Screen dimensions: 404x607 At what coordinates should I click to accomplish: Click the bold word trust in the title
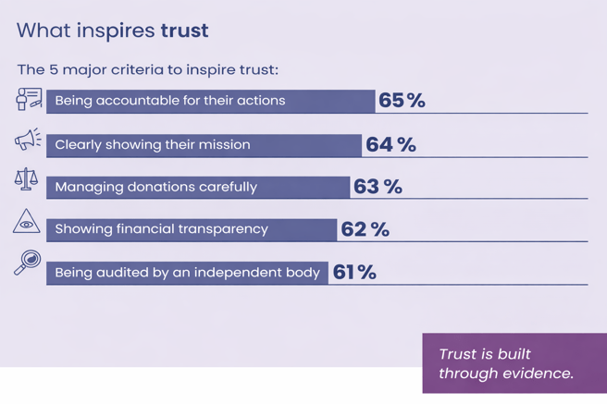(x=184, y=30)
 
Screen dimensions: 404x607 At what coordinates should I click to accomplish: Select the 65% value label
(x=402, y=101)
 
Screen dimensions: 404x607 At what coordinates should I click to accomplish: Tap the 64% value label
(x=390, y=145)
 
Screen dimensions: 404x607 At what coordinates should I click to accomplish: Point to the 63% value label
(x=378, y=187)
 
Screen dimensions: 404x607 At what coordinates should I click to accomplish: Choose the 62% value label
(x=365, y=229)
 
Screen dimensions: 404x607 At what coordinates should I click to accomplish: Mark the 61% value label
(x=354, y=273)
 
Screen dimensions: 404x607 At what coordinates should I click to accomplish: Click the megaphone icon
(x=28, y=140)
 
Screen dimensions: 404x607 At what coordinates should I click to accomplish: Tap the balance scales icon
(x=27, y=180)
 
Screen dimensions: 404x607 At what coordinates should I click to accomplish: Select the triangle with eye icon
(x=27, y=223)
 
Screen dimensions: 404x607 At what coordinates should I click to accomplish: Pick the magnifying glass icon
(x=28, y=263)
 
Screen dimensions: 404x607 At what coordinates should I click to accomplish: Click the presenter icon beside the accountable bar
(x=29, y=99)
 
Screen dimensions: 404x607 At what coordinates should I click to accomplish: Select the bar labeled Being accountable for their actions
(x=211, y=101)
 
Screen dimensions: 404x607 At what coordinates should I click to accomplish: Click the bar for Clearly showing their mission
(x=204, y=145)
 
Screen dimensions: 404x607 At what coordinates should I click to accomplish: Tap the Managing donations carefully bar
(x=198, y=187)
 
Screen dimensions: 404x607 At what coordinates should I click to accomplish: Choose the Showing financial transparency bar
(x=192, y=229)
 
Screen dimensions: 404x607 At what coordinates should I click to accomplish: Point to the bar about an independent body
(x=187, y=273)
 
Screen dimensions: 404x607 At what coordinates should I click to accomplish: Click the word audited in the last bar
(x=118, y=273)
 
